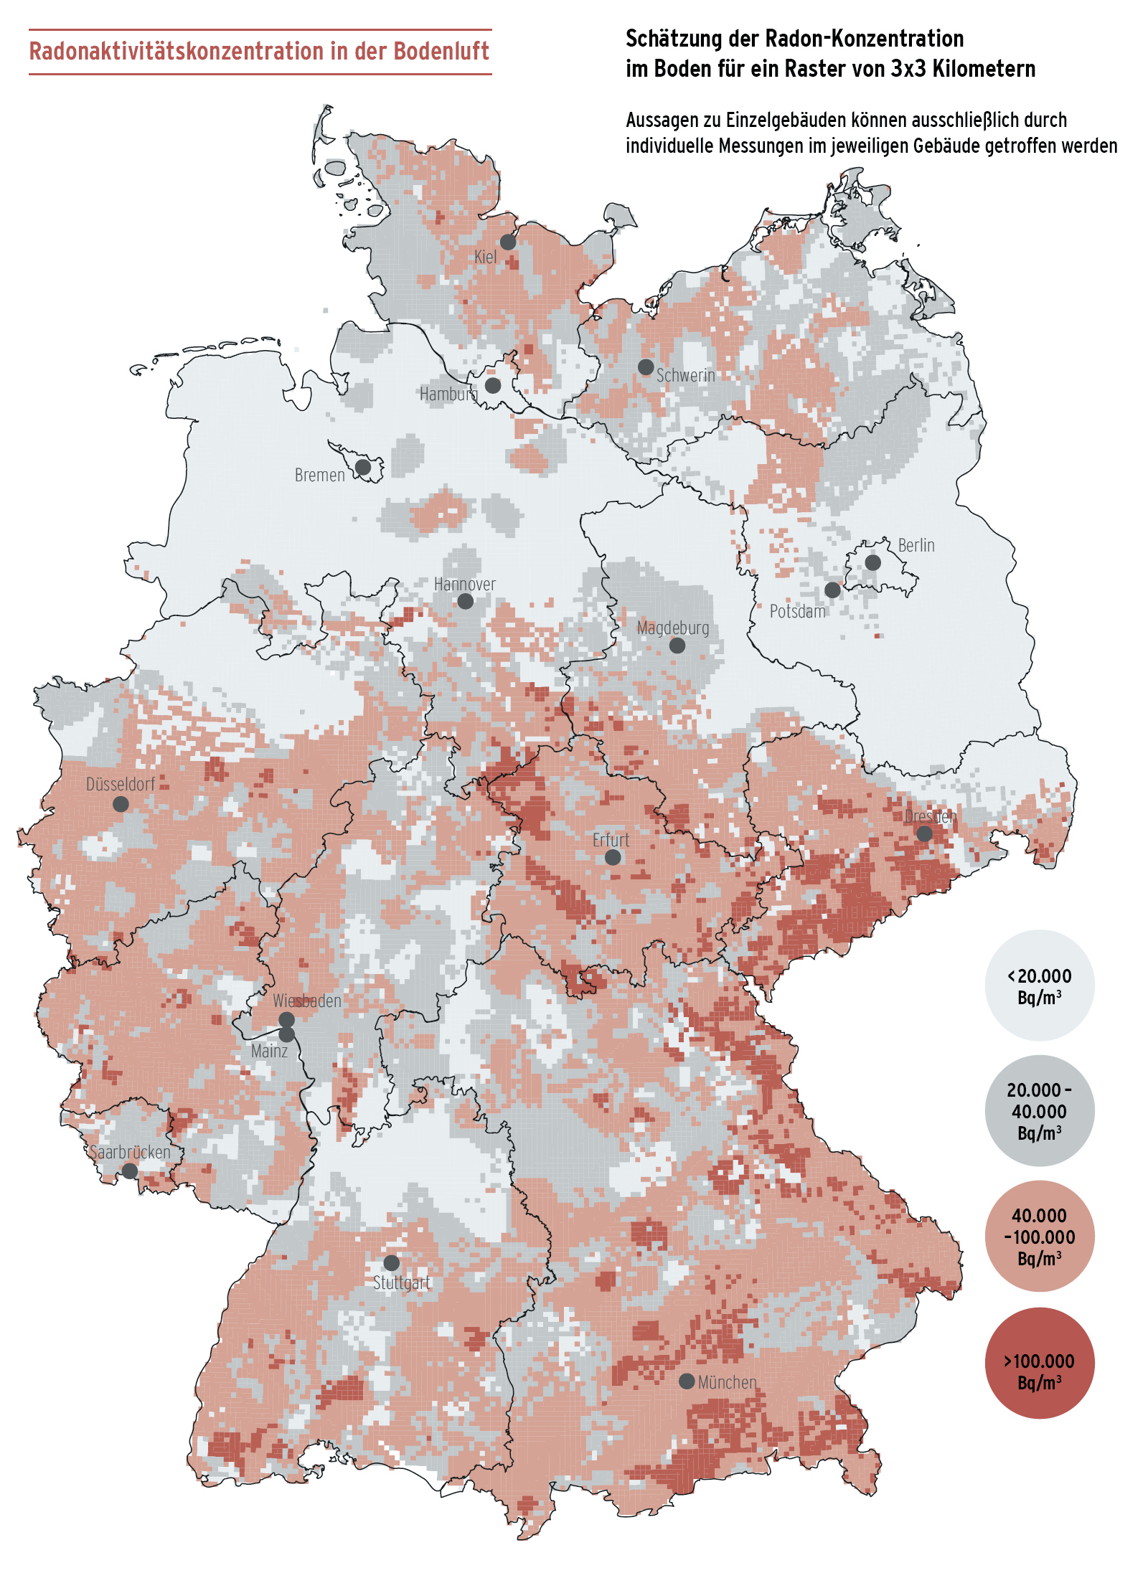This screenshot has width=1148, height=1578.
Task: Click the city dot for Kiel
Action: coord(508,242)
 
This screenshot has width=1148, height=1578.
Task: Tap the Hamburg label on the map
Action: coord(448,394)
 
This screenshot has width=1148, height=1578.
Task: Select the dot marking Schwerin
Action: coord(646,367)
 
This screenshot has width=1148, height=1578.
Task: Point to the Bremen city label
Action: coord(319,475)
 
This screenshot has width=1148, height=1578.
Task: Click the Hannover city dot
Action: coord(465,601)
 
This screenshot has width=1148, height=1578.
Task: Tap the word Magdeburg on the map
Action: coord(672,628)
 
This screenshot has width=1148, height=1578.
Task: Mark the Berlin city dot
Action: coord(872,562)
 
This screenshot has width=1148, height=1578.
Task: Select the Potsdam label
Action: coord(797,611)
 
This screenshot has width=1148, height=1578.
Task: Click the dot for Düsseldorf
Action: coord(121,804)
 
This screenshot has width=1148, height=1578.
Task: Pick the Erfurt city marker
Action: coord(613,857)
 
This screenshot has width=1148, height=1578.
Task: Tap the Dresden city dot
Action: coord(924,833)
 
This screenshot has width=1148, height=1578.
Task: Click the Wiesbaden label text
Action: coord(306,1001)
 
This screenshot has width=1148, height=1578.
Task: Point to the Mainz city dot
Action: coord(286,1034)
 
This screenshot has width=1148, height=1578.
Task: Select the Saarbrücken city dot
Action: coord(129,1171)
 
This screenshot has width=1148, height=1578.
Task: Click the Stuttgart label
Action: coord(401,1282)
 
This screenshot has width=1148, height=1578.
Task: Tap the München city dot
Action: coord(686,1381)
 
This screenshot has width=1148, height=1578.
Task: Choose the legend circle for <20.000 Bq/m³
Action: coord(1039,986)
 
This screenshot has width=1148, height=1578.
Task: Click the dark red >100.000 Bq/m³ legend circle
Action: coord(1039,1363)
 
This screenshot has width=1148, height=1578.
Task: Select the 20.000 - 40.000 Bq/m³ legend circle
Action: coord(1039,1110)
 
